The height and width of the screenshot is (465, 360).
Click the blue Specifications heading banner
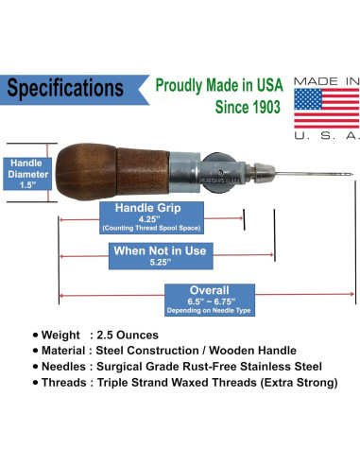point(64,89)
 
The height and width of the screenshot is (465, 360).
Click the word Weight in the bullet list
point(65,335)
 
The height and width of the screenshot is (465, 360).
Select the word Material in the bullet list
point(69,351)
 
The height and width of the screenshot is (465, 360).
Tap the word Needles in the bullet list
point(68,366)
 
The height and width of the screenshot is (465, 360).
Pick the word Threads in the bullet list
point(68,383)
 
